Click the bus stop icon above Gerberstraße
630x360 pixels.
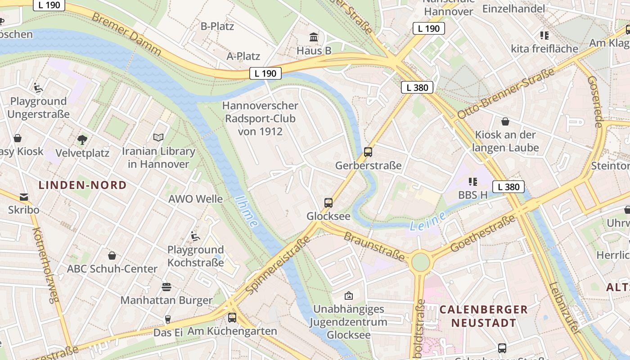click(x=368, y=152)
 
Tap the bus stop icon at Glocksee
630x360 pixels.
click(x=328, y=203)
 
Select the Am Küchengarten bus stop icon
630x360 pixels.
click(x=232, y=318)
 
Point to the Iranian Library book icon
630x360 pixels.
click(x=158, y=137)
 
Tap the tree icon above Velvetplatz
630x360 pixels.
click(x=82, y=139)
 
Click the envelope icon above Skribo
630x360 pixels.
click(x=23, y=197)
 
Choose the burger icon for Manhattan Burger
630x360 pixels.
click(x=166, y=287)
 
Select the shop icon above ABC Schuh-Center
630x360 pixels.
click(x=112, y=256)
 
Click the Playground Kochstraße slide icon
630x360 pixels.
click(x=195, y=236)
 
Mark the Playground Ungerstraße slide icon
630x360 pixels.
click(x=38, y=88)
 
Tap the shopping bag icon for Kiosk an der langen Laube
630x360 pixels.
click(x=505, y=121)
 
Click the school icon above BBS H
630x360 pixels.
click(x=472, y=182)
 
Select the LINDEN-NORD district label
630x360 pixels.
click(x=82, y=185)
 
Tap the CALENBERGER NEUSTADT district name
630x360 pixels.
click(x=483, y=316)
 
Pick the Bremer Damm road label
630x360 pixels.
click(x=126, y=34)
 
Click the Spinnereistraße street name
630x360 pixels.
click(x=279, y=265)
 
